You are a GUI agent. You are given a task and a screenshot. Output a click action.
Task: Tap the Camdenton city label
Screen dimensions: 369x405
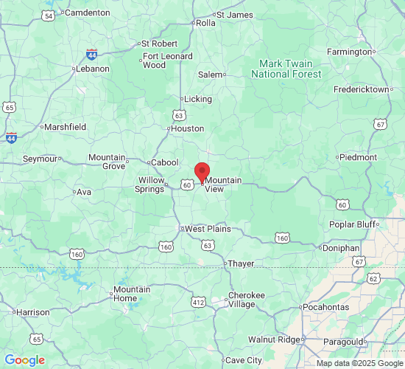coord(87,13)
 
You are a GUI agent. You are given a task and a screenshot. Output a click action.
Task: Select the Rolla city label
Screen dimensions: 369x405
coord(205,23)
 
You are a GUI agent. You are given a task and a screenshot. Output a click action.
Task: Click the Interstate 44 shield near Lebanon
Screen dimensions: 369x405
coord(91,55)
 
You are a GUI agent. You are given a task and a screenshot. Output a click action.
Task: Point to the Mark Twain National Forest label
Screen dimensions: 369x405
coord(286,69)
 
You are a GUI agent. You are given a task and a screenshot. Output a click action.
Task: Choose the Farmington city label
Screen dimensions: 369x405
coord(349,52)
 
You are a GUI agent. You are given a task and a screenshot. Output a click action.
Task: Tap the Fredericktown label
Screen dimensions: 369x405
coord(361,89)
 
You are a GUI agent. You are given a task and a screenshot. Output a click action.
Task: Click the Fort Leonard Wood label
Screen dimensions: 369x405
coord(167,61)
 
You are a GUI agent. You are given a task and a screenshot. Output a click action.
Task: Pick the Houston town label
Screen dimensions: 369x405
coord(187,128)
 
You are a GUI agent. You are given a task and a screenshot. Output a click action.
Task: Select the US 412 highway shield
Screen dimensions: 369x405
coord(198,303)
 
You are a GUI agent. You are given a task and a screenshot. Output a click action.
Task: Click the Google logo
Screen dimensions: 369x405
coord(25,360)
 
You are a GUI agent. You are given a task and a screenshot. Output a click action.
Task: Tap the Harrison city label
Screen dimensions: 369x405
coord(32,312)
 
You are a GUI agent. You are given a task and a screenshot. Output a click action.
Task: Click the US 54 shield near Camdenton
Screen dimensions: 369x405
coord(49,15)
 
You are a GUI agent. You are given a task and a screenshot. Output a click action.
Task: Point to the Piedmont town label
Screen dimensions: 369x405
coord(359,157)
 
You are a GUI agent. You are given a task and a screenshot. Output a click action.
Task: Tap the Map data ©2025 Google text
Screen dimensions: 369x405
coord(359,363)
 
